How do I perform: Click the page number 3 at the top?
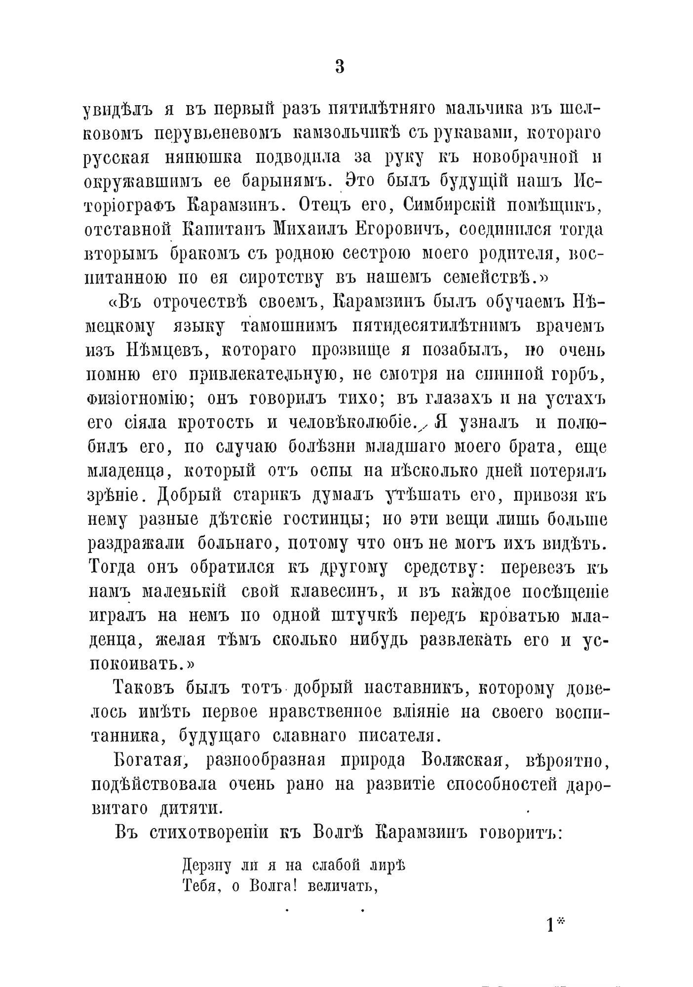point(340,67)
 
